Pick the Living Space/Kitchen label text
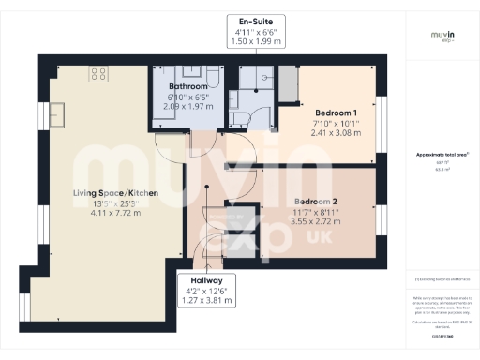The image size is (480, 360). click(115, 193)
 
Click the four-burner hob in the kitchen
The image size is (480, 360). click(97, 73)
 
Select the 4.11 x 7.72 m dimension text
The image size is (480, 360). click(115, 213)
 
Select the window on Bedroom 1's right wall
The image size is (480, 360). click(382, 123)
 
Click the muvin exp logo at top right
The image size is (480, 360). click(442, 38)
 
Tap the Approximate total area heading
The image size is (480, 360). click(442, 156)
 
